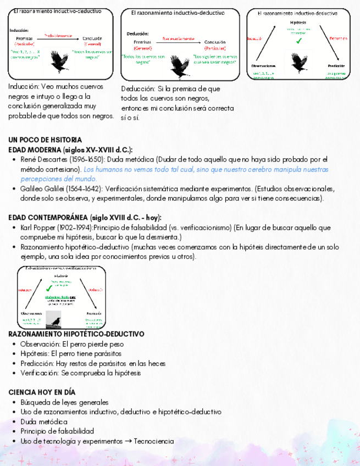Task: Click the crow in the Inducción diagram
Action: point(59,59)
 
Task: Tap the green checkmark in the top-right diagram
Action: point(298,41)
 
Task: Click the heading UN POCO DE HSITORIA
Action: point(46,140)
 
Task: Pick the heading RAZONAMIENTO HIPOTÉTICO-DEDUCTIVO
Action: point(76,334)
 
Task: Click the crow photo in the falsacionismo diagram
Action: point(54,319)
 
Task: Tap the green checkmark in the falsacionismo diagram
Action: point(49,288)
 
